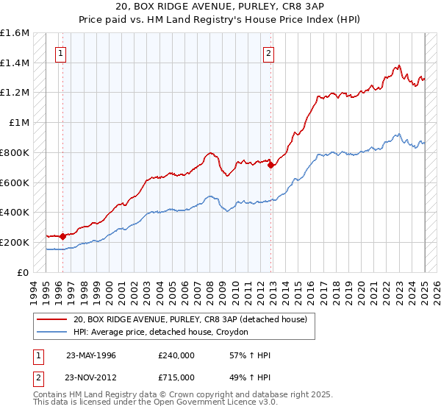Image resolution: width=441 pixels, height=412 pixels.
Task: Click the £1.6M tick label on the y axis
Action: point(15,33)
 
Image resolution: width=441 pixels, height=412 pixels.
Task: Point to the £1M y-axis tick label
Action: point(20,123)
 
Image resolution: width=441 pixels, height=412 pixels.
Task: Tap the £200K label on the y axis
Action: point(15,242)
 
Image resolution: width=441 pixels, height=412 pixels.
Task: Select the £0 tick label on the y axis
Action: point(24,272)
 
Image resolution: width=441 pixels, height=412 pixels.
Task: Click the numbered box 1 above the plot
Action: point(60,53)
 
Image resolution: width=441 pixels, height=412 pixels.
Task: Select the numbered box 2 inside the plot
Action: point(270,53)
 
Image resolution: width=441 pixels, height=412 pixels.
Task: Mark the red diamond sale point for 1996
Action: point(63,236)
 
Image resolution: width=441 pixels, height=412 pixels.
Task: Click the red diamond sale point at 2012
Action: point(271,165)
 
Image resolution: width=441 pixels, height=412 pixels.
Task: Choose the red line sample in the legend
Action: point(51,319)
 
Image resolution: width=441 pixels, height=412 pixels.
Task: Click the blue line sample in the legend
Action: point(51,332)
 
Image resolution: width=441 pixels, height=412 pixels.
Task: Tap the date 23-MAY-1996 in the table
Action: point(91,355)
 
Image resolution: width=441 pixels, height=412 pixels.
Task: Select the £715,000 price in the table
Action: point(176,377)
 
